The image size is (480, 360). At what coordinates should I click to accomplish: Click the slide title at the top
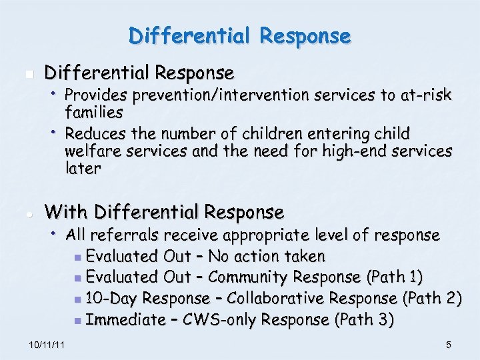(x=240, y=35)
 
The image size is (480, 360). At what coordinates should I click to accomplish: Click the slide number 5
(x=449, y=345)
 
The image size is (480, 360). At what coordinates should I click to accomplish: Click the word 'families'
(x=94, y=113)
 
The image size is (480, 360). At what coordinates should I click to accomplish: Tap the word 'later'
(x=83, y=169)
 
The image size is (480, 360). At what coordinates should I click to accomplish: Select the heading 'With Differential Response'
(x=164, y=212)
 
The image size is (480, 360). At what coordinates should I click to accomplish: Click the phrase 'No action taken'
(x=267, y=256)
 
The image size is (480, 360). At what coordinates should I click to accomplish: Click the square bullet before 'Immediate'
(x=79, y=321)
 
